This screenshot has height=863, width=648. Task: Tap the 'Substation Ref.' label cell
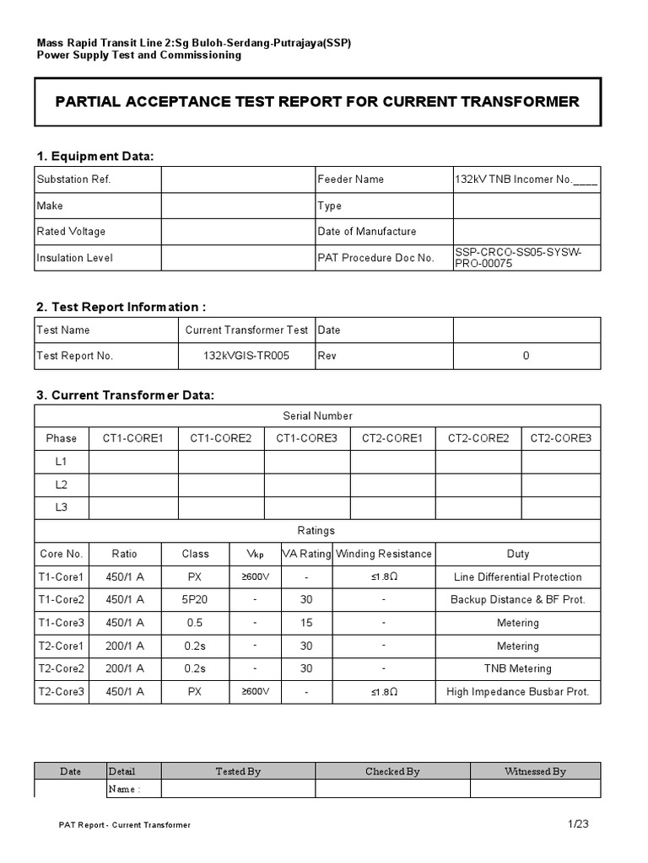[73, 180]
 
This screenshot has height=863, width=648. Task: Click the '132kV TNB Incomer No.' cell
[526, 180]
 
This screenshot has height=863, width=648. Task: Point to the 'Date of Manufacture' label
[366, 232]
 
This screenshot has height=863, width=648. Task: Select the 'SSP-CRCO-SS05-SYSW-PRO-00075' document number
[526, 258]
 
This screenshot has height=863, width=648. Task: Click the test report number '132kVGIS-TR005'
[246, 356]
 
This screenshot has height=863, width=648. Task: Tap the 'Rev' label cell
[327, 356]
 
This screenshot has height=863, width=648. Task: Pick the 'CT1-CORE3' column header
[306, 438]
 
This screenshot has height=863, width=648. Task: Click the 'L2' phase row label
[61, 485]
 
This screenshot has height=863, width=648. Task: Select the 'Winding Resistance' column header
[383, 554]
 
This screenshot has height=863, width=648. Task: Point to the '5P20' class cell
[195, 600]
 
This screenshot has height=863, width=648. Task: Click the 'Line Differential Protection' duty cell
[517, 577]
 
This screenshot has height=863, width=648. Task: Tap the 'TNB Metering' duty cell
[517, 669]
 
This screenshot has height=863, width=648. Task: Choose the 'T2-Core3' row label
[62, 692]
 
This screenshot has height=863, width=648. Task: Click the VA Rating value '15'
[305, 623]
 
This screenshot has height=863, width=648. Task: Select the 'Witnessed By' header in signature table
[535, 771]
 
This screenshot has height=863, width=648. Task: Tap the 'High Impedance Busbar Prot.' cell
[517, 692]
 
